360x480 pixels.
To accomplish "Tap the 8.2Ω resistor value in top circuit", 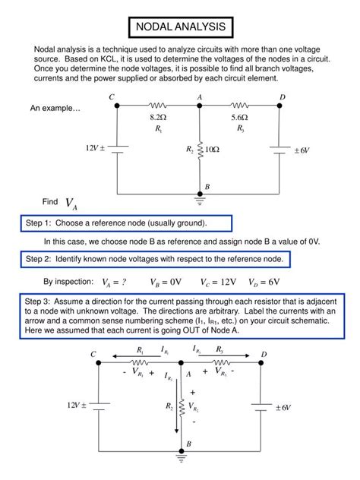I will pos(158,118).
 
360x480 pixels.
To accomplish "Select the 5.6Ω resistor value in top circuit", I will pos(241,118).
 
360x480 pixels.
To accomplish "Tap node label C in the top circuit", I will pos(112,97).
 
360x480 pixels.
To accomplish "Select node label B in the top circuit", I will pos(207,187).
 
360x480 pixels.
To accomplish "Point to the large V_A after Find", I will pos(71,204).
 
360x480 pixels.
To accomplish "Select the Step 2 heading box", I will pos(156,260).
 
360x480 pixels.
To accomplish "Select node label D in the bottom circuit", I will pos(264,355).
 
